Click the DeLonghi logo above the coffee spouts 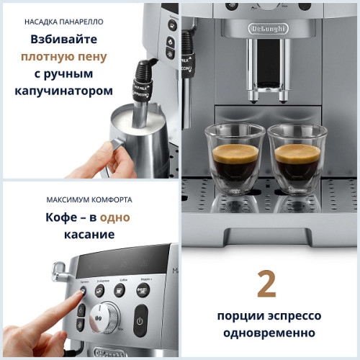269,28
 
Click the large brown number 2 266,285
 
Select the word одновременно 266,333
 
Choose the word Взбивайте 64,39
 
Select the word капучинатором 64,91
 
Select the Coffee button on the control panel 120,290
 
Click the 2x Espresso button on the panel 101,290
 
